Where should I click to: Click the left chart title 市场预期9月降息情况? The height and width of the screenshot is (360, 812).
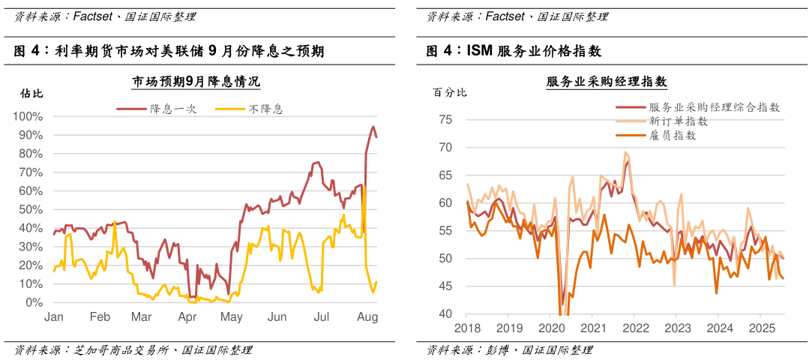point(196,81)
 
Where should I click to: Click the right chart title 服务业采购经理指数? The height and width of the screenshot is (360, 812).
point(607,81)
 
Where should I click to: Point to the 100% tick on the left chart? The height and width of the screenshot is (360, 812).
point(28,117)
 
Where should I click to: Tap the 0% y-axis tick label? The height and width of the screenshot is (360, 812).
point(33,303)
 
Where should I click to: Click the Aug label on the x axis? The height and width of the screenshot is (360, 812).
point(367,318)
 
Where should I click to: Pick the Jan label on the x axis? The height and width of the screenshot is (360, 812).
point(54,318)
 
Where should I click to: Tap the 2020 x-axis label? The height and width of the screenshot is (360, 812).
point(551,328)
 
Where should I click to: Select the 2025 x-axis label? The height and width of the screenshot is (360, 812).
point(761,328)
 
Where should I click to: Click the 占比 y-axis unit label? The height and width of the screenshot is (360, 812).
point(31,94)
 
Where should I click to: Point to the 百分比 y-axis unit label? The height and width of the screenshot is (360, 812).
point(450,93)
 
